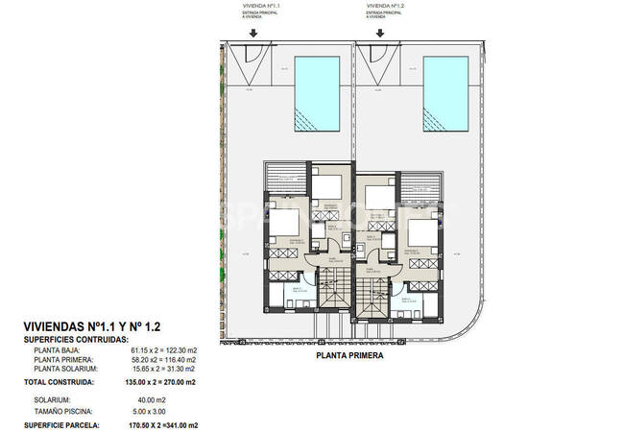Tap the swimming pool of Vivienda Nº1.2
coord(449,94)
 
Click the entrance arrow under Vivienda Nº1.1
coord(252,31)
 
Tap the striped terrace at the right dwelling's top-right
coord(419,186)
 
